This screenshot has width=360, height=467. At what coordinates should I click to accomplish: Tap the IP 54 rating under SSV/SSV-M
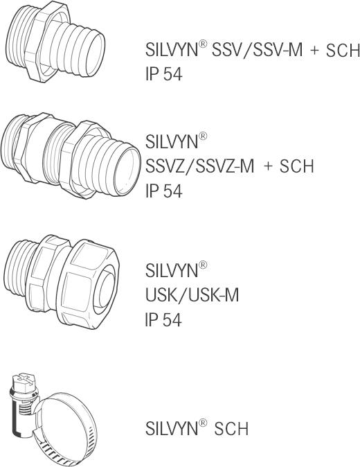point(163,74)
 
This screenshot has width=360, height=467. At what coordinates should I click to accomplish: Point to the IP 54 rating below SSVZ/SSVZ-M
point(163,191)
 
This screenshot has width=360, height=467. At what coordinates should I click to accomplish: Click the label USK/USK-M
point(192,295)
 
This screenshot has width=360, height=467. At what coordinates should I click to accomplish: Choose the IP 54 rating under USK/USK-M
point(163,319)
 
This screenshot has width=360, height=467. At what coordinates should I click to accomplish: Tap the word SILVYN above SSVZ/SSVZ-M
point(171,141)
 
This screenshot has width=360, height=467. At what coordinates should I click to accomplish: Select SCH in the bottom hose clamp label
point(231,429)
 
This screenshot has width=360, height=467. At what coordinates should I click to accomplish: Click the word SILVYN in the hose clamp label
point(171,429)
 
